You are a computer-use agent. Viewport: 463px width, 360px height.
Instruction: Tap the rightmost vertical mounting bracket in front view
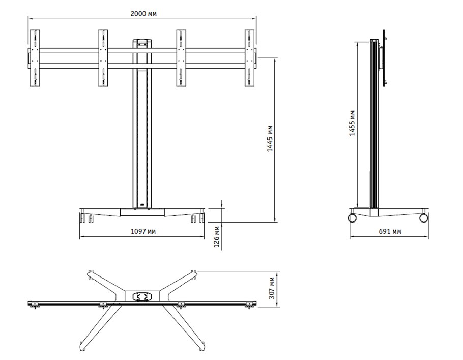click(250, 58)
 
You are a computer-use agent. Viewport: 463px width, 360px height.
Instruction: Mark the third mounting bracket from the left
click(181, 58)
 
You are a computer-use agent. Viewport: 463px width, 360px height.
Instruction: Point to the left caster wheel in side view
click(352, 218)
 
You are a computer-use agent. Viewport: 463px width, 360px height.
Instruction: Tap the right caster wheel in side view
click(423, 218)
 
